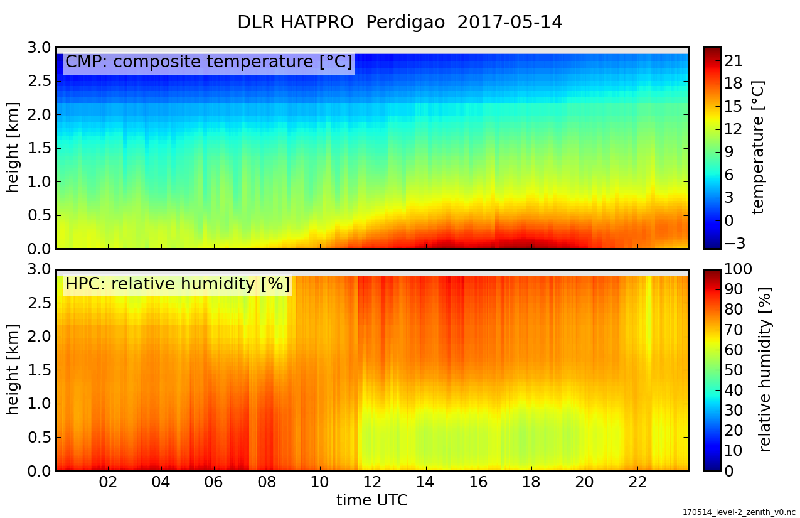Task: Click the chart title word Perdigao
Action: [405, 23]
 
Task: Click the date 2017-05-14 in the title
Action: [509, 23]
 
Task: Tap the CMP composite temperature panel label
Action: [208, 62]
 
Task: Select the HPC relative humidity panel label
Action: [178, 284]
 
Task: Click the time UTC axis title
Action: [372, 500]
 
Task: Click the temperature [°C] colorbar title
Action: [759, 148]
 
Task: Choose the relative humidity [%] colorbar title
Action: [765, 370]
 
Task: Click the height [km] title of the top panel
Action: [12, 148]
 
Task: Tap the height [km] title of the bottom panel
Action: [12, 370]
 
